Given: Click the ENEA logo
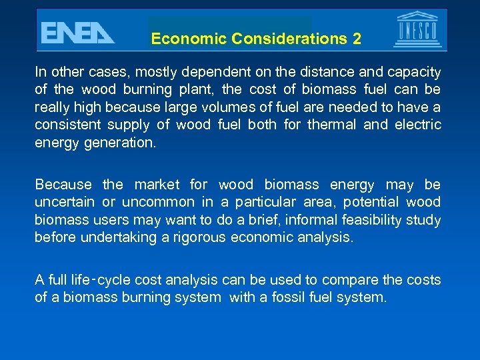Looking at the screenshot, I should [x=77, y=32].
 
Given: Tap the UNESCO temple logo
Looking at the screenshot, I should [x=417, y=30].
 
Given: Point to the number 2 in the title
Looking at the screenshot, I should [x=357, y=39].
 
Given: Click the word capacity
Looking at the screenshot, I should [x=415, y=72].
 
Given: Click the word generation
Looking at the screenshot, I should [x=118, y=142].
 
